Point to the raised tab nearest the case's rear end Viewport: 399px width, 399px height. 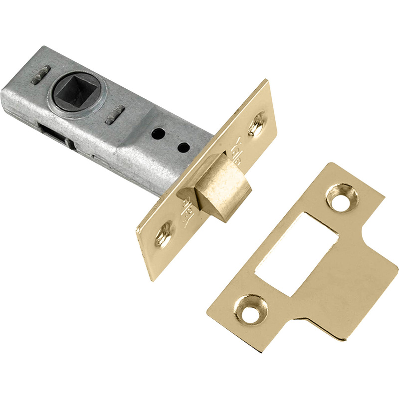pyautogui.click(x=40, y=74)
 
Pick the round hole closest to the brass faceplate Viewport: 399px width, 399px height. pyautogui.click(x=184, y=147)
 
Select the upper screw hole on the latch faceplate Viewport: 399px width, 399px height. pyautogui.click(x=258, y=123)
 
